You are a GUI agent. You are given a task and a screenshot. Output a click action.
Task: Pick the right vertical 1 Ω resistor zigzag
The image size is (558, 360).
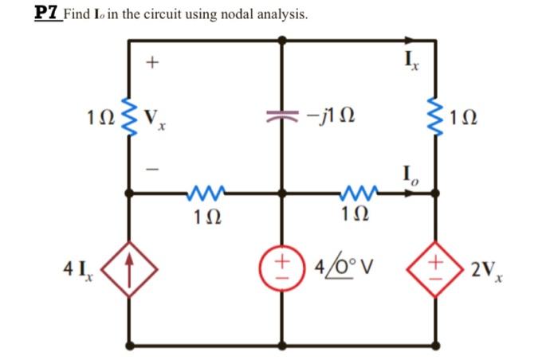(x=435, y=116)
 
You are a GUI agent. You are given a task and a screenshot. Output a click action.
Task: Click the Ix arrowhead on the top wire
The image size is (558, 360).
(x=413, y=39)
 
